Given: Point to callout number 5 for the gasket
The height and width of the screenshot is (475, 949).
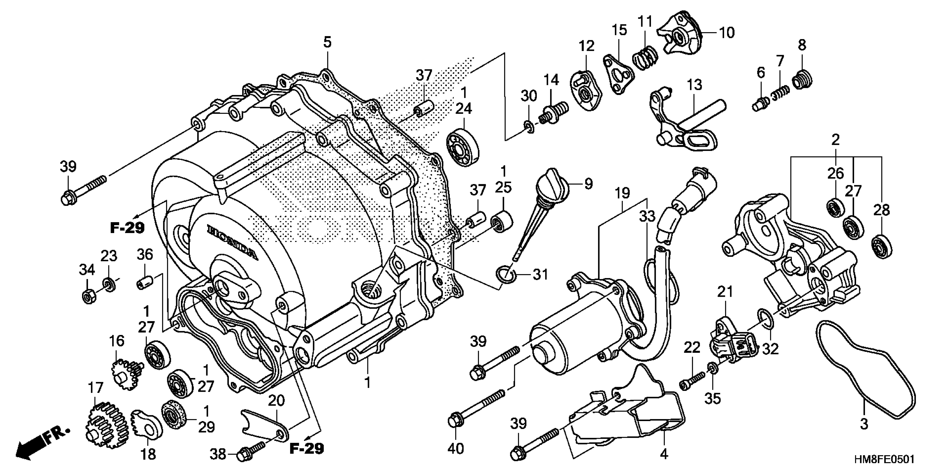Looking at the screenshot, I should click(x=327, y=43).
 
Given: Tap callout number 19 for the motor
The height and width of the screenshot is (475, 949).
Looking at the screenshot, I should click(x=622, y=193).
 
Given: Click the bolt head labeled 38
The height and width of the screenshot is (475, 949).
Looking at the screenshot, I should click(x=243, y=455).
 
